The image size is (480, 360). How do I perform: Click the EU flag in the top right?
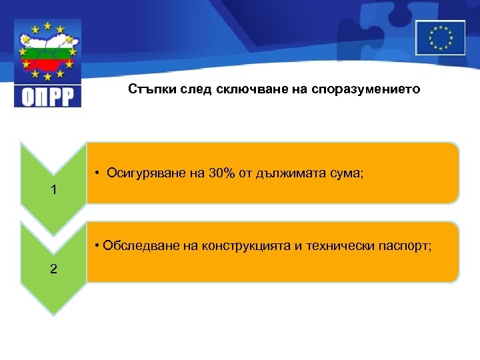[440, 37]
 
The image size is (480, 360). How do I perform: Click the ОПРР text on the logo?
[47, 95]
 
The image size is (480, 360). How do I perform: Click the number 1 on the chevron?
[54, 190]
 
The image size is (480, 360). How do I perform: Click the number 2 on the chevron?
[54, 269]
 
